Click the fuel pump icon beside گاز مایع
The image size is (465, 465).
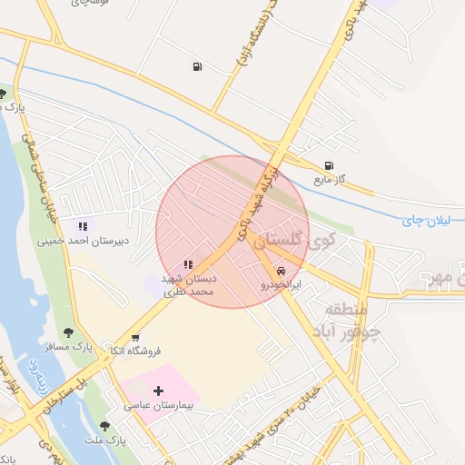pyautogui.click(x=328, y=165)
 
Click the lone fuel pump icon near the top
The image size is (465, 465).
pyautogui.click(x=197, y=66)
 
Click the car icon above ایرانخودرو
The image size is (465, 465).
pyautogui.click(x=281, y=272)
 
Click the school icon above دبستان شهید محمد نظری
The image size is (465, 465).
pyautogui.click(x=188, y=264)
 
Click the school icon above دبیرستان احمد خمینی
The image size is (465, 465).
pyautogui.click(x=83, y=226)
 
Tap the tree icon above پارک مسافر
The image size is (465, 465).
pyautogui.click(x=68, y=332)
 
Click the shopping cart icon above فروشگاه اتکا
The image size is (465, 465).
pyautogui.click(x=135, y=336)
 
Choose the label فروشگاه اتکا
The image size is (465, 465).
pyautogui.click(x=135, y=350)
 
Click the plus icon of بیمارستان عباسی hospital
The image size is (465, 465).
pyautogui.click(x=158, y=390)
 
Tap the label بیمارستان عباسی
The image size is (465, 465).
pyautogui.click(x=160, y=405)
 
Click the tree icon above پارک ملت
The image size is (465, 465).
pyautogui.click(x=105, y=425)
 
